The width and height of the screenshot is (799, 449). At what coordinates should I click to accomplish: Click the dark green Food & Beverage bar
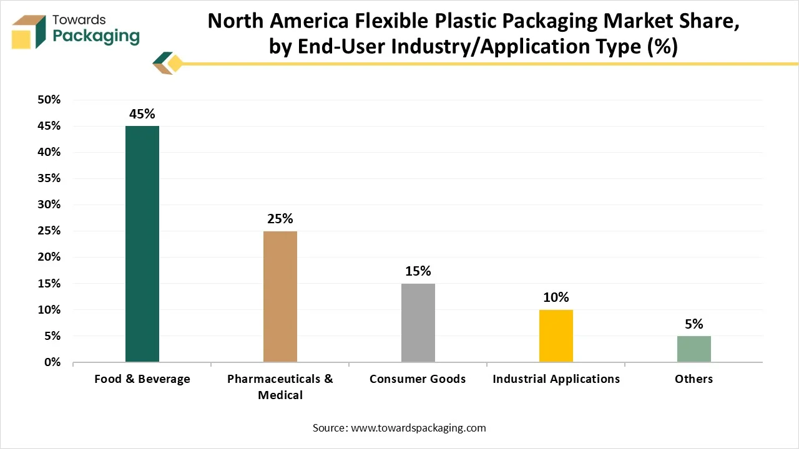(142, 244)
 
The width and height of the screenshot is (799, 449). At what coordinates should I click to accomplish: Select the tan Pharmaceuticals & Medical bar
(280, 296)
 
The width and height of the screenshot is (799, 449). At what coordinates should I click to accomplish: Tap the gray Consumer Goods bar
(418, 322)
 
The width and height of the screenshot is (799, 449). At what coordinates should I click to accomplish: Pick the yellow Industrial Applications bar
(556, 336)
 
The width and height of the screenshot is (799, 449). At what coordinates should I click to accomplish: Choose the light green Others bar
(694, 349)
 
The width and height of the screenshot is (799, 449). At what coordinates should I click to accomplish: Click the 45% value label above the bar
(142, 114)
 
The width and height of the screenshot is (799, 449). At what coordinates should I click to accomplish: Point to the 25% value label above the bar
(280, 219)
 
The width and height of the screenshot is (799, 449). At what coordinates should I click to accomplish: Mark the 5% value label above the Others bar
(694, 324)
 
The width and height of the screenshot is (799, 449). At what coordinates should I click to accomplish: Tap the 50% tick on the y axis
(49, 100)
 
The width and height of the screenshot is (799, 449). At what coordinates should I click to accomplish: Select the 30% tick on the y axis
(49, 205)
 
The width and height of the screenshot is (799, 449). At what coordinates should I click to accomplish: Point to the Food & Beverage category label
(142, 379)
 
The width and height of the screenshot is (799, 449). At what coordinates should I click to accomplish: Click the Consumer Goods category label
(418, 379)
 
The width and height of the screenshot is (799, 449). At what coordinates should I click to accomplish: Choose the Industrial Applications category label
(556, 379)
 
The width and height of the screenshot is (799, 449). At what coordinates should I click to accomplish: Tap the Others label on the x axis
(694, 379)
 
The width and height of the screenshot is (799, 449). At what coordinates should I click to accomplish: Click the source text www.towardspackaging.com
(418, 428)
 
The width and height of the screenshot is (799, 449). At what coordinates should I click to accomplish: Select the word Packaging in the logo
(96, 36)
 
